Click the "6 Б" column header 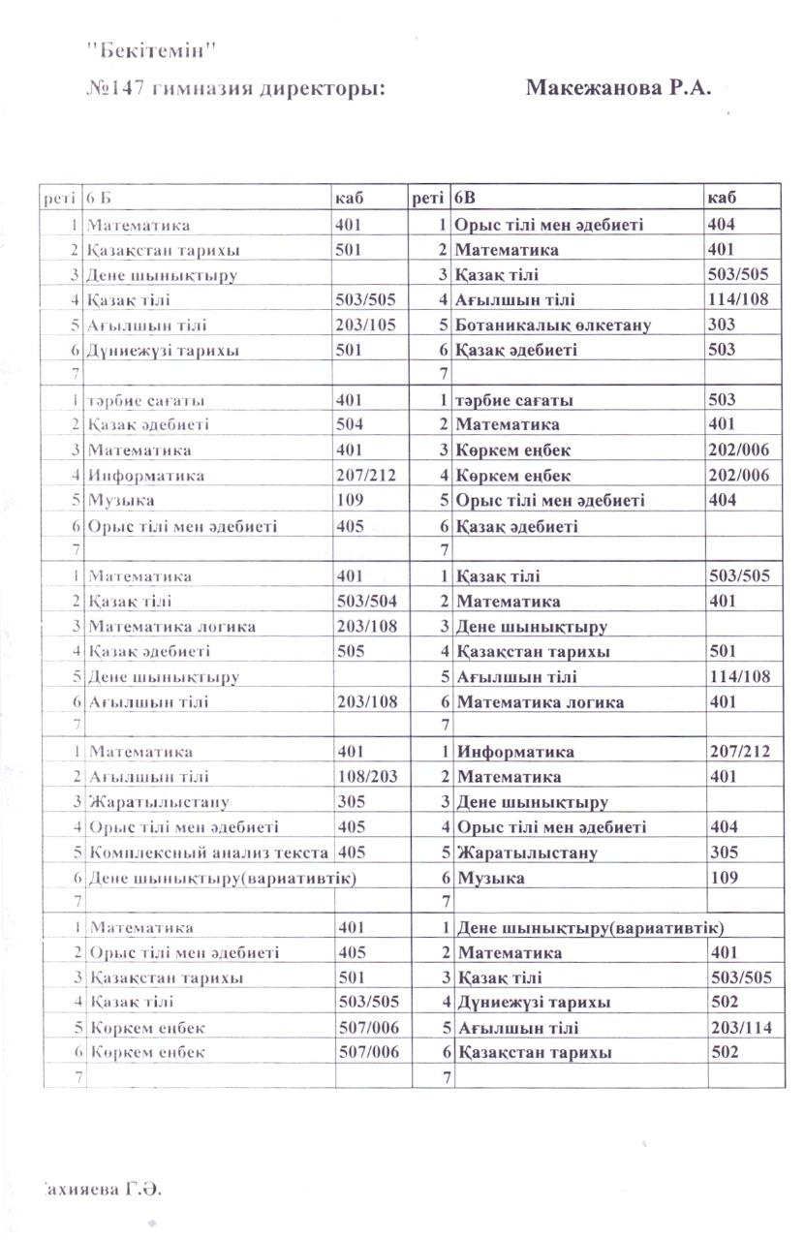100,199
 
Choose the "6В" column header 466,199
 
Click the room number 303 722,325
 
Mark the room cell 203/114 739,1028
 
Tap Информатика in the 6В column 515,751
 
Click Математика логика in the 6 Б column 171,626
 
